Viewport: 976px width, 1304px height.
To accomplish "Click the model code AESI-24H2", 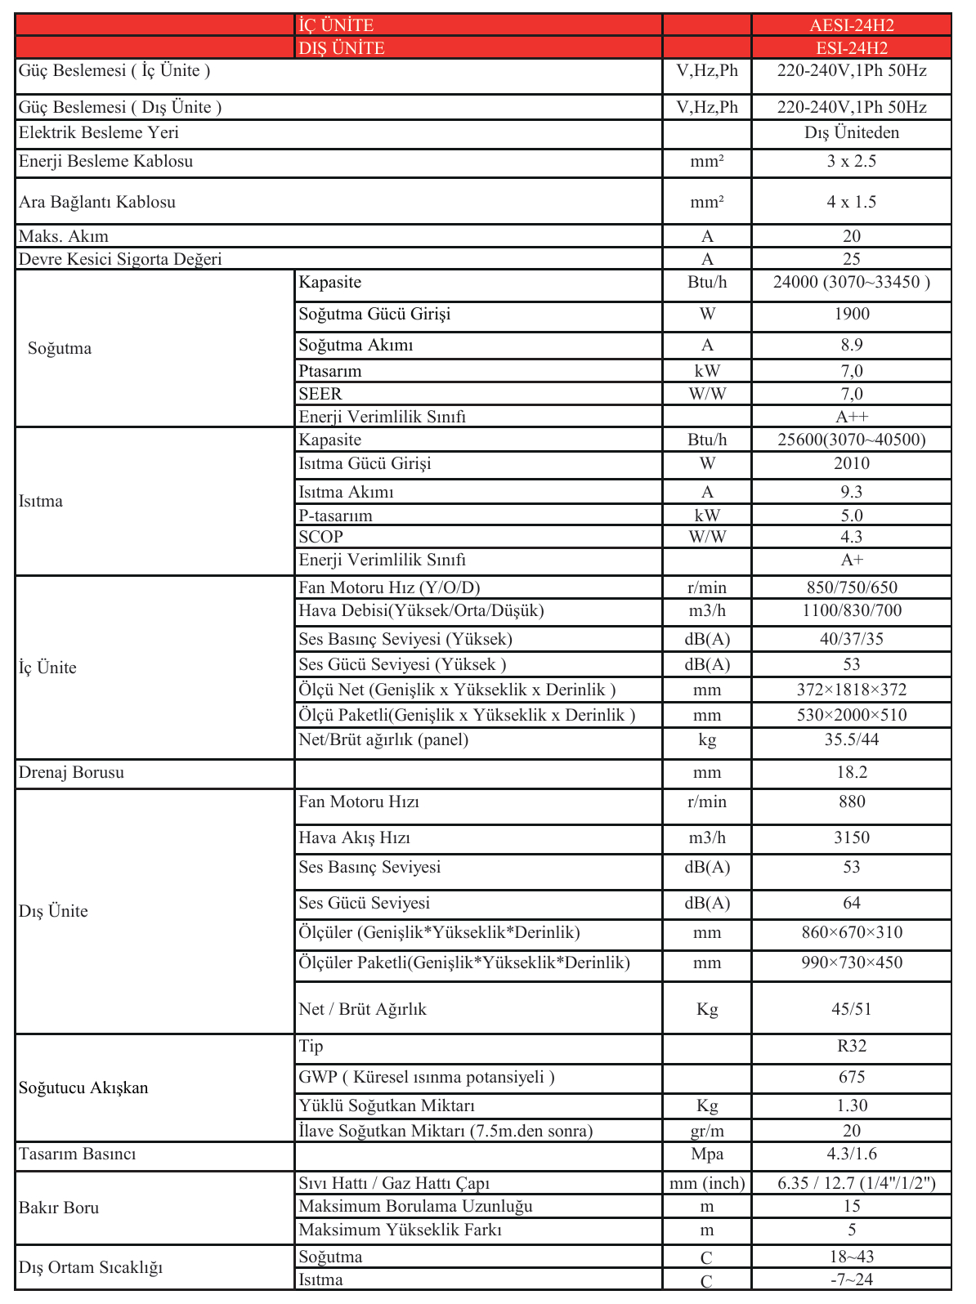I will tap(851, 25).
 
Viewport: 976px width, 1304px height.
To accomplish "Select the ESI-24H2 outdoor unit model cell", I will tap(851, 48).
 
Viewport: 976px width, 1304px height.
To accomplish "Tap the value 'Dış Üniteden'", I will tap(851, 133).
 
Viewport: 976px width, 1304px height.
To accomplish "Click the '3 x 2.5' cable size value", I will tap(851, 162).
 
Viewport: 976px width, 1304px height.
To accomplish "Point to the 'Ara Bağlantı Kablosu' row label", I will tap(97, 203).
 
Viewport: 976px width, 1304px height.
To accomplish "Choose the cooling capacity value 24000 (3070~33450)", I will tap(851, 283).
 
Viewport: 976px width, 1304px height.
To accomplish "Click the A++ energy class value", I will tap(851, 417).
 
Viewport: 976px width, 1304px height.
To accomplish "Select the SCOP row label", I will tap(320, 538).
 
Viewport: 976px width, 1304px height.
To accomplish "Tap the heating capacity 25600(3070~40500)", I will tap(851, 440).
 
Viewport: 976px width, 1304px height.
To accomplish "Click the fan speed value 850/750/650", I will tap(851, 588).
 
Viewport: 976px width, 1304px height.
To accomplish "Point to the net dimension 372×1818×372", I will tap(851, 690).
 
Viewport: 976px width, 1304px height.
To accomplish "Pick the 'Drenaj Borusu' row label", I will tap(72, 773).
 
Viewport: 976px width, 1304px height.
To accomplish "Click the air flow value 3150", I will tap(851, 838).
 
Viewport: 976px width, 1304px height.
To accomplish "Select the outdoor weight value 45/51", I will tap(851, 1010).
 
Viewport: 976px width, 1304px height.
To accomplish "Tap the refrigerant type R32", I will tap(851, 1047).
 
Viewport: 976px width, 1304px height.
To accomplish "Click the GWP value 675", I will tap(851, 1078).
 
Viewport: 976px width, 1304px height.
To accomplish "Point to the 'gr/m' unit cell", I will tap(707, 1132).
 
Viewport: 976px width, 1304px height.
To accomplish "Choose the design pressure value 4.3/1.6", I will tap(851, 1154).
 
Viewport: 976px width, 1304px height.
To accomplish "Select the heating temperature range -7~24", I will tap(851, 1280).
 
